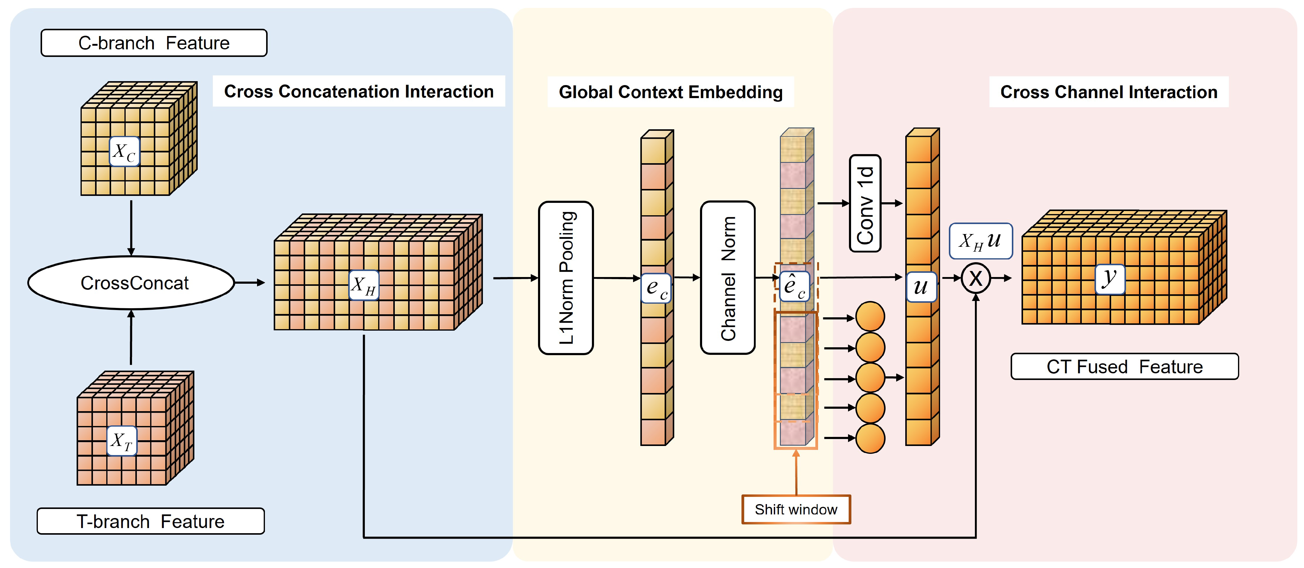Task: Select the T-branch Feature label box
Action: click(x=151, y=521)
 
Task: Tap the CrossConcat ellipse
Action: click(x=131, y=282)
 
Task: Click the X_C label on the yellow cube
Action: click(x=124, y=151)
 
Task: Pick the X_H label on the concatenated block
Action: click(x=364, y=285)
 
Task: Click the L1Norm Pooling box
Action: click(x=566, y=278)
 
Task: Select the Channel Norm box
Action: click(x=728, y=278)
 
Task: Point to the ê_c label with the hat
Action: click(x=794, y=286)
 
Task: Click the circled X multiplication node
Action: click(x=976, y=278)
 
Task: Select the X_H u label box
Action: click(x=981, y=241)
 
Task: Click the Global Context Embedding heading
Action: click(x=671, y=92)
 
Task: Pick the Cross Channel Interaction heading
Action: click(x=1109, y=92)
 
